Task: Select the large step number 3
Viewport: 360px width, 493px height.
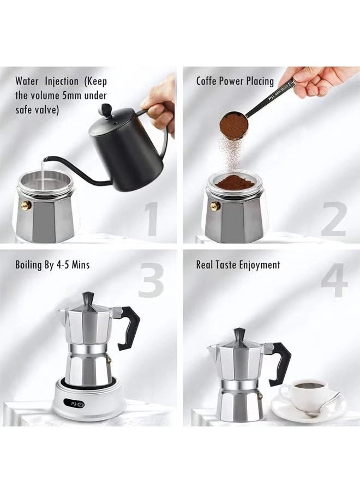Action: click(x=151, y=279)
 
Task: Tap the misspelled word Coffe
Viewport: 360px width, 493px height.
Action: click(x=209, y=81)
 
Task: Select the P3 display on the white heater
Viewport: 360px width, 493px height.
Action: click(x=77, y=404)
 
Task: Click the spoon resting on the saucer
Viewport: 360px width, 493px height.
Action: click(x=323, y=410)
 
